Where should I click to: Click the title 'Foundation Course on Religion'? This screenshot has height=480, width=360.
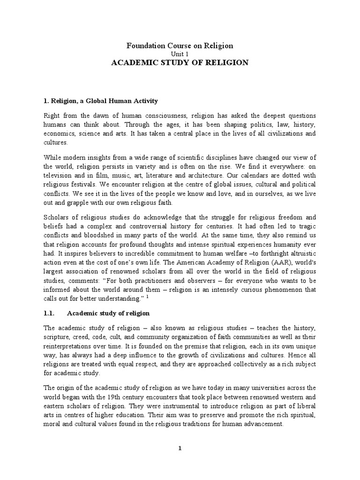tap(180, 45)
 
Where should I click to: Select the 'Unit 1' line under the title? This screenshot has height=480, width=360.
tap(180, 54)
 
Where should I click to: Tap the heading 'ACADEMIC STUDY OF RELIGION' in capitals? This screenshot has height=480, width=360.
tap(180, 62)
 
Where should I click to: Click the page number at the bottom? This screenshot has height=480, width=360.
tap(180, 448)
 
